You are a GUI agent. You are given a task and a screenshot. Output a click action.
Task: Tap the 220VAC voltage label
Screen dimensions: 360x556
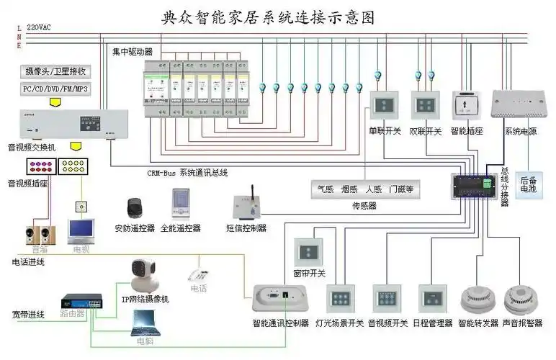click(x=40, y=27)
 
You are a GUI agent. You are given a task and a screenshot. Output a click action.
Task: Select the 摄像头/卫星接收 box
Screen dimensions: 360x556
click(x=56, y=71)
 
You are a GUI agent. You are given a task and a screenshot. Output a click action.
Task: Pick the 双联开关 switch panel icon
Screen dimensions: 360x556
click(x=425, y=106)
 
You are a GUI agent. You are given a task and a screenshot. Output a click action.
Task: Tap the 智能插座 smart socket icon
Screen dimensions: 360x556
click(x=465, y=106)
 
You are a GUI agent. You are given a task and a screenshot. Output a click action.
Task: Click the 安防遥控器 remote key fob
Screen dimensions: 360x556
click(x=134, y=208)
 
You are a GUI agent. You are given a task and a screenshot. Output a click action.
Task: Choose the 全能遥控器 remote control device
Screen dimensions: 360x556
click(x=181, y=203)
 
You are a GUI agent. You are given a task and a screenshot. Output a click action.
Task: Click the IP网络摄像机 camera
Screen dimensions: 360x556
click(x=143, y=274)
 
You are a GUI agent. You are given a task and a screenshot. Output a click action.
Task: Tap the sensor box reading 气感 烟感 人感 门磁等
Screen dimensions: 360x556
click(x=365, y=190)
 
